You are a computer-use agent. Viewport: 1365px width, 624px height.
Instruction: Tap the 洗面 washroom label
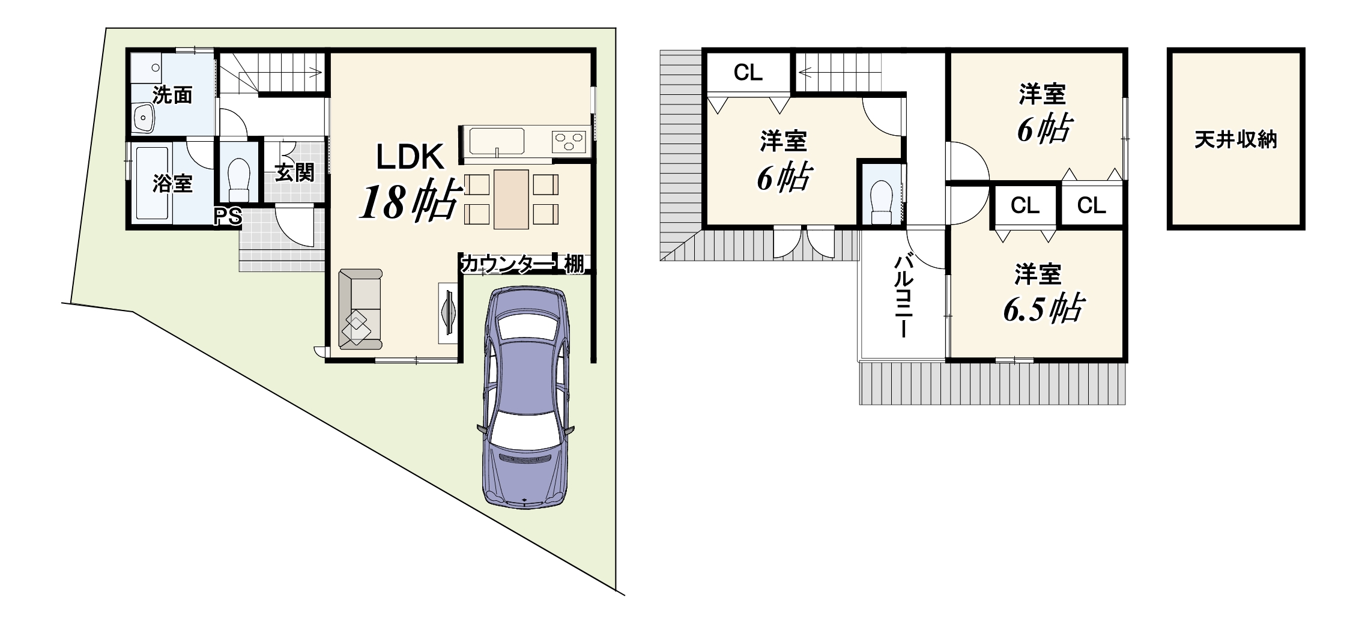(x=172, y=95)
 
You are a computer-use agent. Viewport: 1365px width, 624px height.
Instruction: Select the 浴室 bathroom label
(x=172, y=183)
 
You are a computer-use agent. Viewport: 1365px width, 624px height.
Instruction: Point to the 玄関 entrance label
(x=295, y=172)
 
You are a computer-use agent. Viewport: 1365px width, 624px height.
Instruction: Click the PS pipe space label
(x=228, y=216)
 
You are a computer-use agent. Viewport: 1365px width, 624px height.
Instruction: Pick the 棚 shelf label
(x=574, y=264)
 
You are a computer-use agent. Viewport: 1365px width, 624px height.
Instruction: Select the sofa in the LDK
(x=360, y=309)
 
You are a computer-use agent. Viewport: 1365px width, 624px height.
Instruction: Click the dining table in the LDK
(x=511, y=199)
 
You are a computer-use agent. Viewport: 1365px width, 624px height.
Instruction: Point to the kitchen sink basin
(x=497, y=141)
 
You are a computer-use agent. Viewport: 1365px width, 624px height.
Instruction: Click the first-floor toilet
(x=240, y=178)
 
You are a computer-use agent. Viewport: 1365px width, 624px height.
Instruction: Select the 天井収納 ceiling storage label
(x=1236, y=140)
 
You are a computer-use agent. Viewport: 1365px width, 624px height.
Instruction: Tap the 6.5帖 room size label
(x=1043, y=309)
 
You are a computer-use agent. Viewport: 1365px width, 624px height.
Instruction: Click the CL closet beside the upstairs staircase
(x=748, y=73)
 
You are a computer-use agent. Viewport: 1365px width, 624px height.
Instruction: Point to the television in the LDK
(x=449, y=312)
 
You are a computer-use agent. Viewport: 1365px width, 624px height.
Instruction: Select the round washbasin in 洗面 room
(x=144, y=117)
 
